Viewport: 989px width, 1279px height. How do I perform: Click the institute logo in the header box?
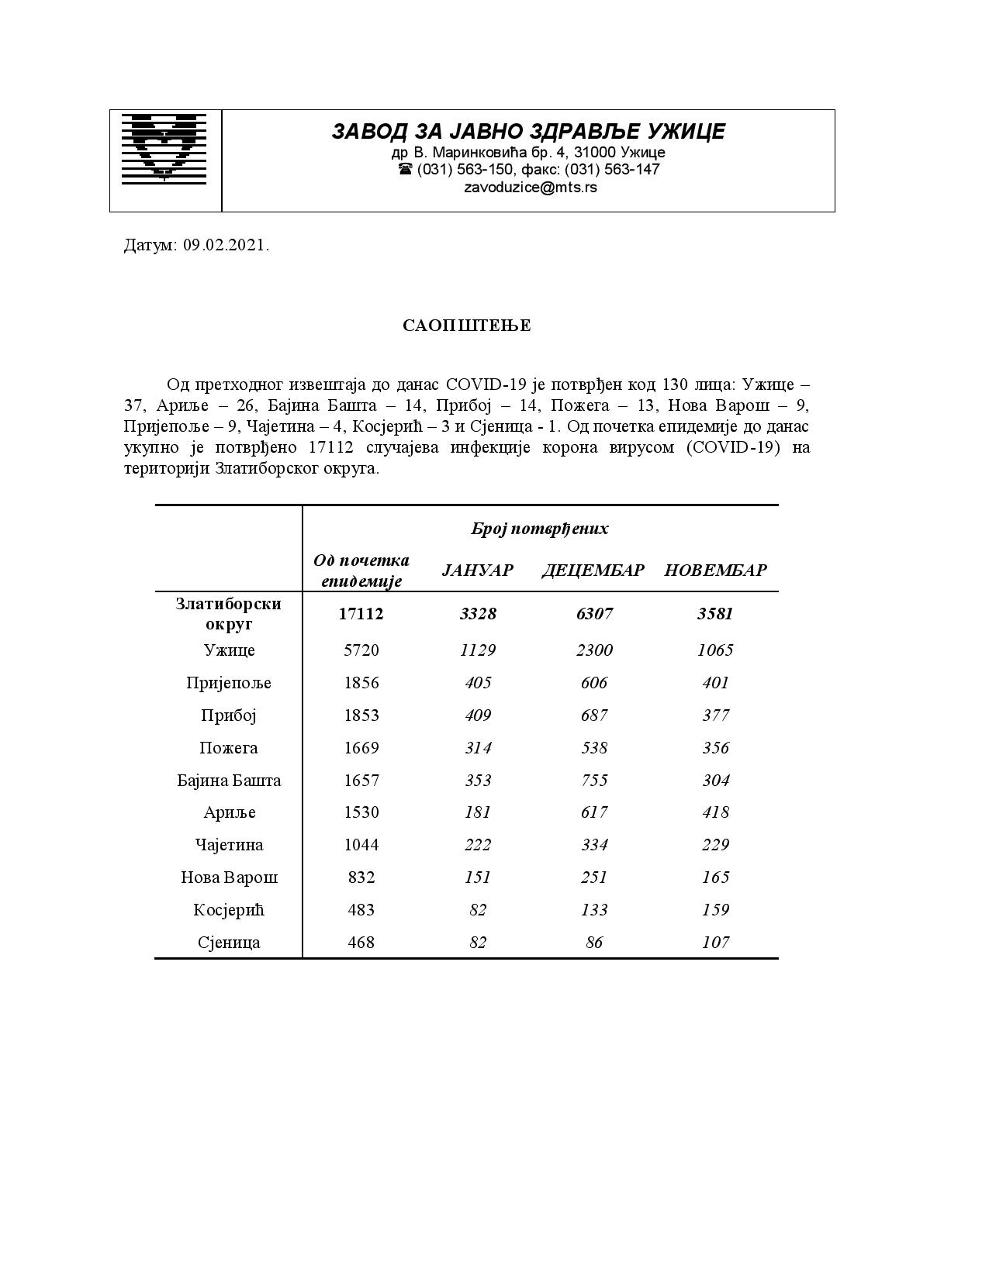(x=164, y=148)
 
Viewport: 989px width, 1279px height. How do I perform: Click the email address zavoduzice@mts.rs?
(x=531, y=188)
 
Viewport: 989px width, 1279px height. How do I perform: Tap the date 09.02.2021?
(x=226, y=246)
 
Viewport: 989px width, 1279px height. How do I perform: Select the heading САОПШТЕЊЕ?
(x=466, y=326)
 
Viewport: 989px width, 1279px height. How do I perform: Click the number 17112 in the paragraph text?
(x=331, y=447)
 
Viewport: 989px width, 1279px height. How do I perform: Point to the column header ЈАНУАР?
(x=477, y=571)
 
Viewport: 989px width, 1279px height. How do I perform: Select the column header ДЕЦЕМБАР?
(x=593, y=571)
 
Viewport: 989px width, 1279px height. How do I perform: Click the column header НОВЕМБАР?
(x=715, y=571)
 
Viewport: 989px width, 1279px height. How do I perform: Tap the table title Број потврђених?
(x=539, y=529)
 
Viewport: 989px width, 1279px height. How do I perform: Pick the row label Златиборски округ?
(x=228, y=613)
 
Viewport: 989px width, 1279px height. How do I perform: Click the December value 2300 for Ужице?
(x=594, y=650)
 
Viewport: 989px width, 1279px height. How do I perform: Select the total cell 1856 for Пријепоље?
(x=361, y=683)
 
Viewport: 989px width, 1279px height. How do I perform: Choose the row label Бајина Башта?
(x=229, y=781)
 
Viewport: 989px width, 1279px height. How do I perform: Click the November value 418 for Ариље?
(x=715, y=812)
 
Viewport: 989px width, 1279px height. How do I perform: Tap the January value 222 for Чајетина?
(x=477, y=845)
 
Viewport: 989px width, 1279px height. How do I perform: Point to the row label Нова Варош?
(x=229, y=877)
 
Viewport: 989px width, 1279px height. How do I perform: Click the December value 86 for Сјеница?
(x=594, y=943)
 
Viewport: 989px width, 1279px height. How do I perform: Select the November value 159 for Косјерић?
(x=715, y=910)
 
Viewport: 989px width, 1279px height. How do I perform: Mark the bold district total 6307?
(x=594, y=614)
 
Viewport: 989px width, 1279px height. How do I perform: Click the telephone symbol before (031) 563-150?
(x=405, y=169)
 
